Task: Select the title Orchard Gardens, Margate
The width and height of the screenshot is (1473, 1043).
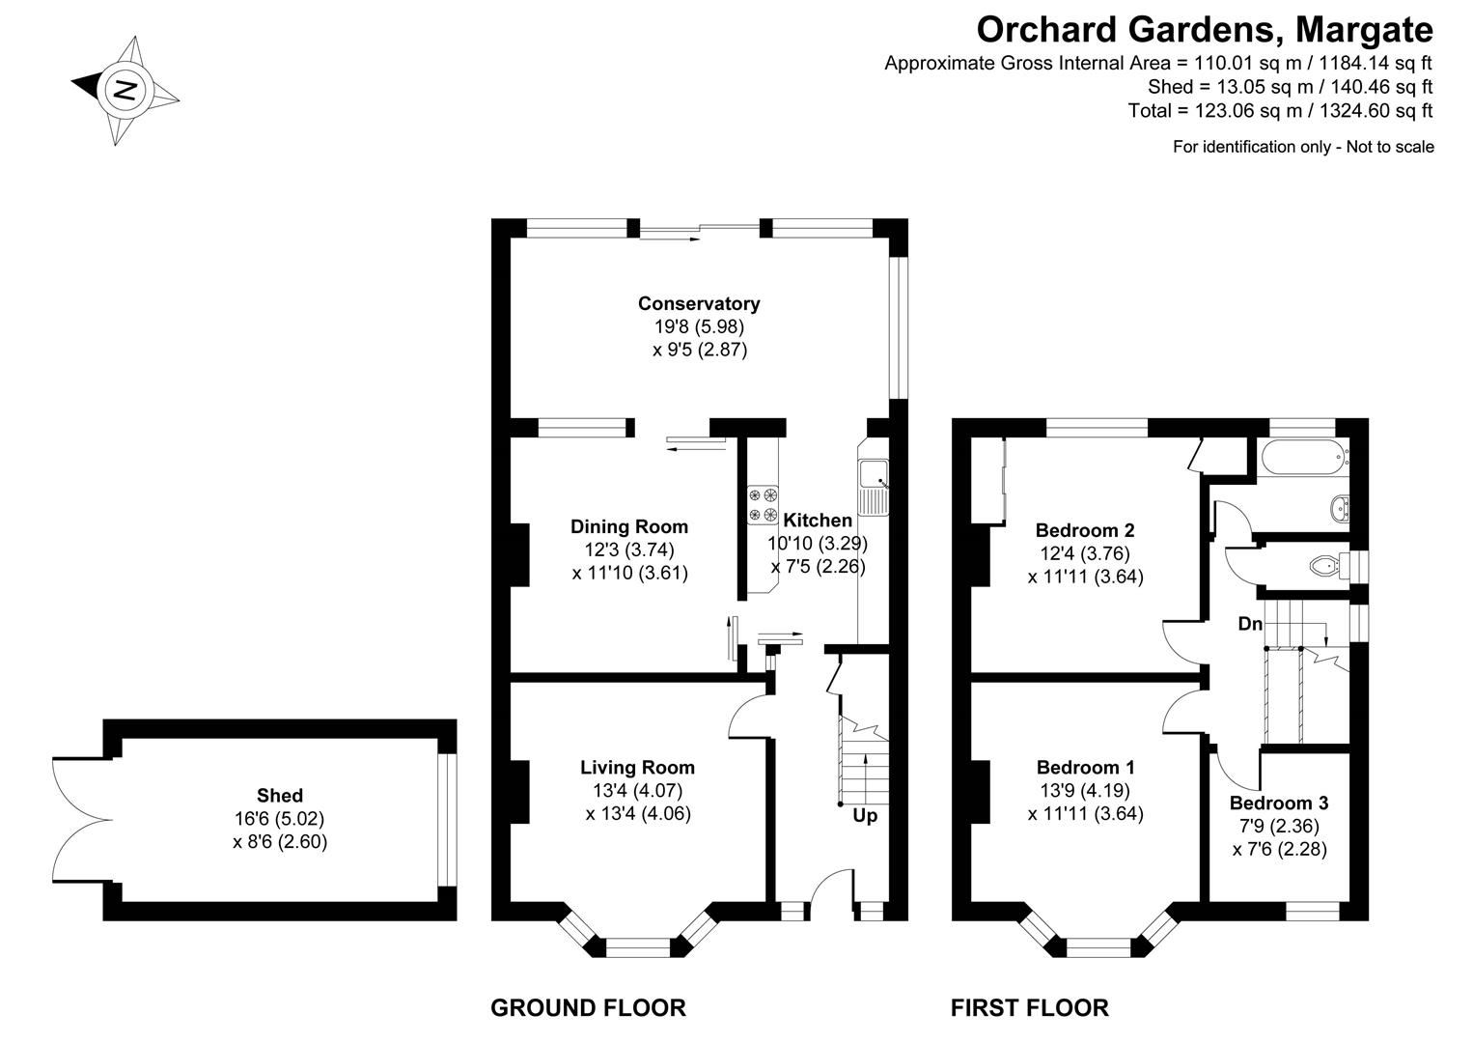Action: point(1204,29)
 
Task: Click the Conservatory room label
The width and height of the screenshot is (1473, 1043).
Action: point(699,303)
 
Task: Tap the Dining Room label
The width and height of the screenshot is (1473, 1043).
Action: point(629,526)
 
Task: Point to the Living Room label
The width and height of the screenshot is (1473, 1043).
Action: point(637,768)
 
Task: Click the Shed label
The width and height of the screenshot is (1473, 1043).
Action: point(280,796)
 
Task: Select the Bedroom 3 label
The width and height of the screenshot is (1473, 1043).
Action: point(1278,803)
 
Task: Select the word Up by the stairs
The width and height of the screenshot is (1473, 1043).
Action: point(865,816)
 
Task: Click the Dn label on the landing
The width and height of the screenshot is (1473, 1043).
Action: point(1250,624)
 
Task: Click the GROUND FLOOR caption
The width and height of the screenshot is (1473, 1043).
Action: point(588,1008)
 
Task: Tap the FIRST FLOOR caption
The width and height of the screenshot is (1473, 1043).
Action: point(1029,1008)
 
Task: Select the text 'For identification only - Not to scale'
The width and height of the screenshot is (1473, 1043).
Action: point(1302,147)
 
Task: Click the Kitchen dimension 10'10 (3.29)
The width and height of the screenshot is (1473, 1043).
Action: point(818,544)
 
